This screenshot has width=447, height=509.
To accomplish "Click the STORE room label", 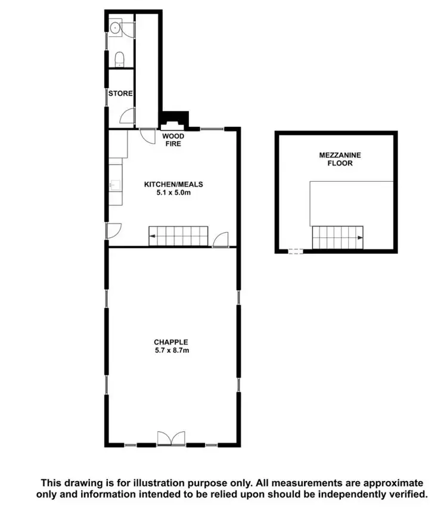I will click(120, 94).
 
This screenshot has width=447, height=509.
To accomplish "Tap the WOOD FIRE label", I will click(173, 139).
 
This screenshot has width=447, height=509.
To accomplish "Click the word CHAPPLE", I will click(171, 342).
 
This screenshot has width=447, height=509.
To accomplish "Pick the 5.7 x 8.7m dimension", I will click(171, 350).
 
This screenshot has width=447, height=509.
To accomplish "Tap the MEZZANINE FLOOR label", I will click(336, 159).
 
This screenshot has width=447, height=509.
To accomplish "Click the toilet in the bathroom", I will click(119, 58).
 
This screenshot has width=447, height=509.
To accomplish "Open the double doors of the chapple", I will click(172, 438).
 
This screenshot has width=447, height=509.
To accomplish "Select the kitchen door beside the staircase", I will click(221, 239).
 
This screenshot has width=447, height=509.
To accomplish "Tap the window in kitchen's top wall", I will click(212, 128).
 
